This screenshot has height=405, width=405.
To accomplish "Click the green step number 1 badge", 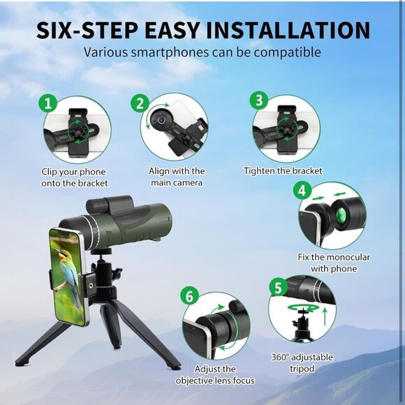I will coord(48,104).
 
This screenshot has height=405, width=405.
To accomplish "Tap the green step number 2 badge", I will coord(140,104).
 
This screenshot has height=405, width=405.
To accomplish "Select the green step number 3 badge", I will coord(260,101).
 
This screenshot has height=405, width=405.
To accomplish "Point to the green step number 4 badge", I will coord(302,190).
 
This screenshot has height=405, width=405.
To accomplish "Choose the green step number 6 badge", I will coord(186,295).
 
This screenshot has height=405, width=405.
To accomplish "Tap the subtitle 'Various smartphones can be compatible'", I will coord(202,52).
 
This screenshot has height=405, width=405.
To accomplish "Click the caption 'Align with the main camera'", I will coord(177,177).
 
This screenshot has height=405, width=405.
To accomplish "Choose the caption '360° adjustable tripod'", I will coord(302,363).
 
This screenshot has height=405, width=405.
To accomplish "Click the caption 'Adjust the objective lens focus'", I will coord(214,374).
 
